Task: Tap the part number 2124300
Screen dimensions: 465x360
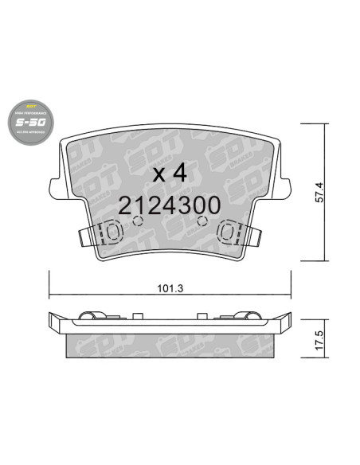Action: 169,205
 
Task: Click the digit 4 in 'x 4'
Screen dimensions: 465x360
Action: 181,172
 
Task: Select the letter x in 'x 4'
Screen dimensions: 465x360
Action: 158,174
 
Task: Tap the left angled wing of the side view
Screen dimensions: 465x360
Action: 56,322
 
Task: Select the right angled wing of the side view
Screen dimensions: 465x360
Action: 283,322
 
